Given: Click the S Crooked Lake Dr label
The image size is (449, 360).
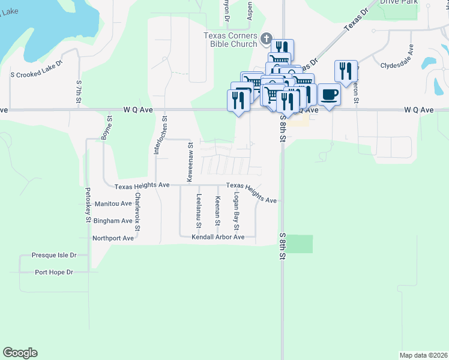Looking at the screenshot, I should tap(37, 69).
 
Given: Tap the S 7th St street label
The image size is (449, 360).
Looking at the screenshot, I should tap(79, 91).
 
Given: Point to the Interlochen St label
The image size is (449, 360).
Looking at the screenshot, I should tap(155, 136).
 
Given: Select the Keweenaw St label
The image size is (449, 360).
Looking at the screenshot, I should tap(190, 162).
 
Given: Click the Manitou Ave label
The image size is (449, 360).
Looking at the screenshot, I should tap(113, 204).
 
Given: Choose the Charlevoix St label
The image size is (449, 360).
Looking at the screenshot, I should tap(137, 211).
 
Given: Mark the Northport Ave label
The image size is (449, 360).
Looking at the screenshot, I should tap(113, 238).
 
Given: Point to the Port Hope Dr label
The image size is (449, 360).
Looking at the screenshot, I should tap(53, 272).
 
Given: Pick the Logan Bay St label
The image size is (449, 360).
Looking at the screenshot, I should tap(237, 212).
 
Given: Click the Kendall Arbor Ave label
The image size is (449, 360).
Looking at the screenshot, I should tap(218, 237).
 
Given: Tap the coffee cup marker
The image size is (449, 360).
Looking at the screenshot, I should tap(329, 95).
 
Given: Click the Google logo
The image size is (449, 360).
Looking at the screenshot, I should tap(20, 353).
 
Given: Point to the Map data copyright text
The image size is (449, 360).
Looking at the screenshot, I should tap(424, 355).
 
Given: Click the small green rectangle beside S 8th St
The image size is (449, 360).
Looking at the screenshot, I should tap(304, 244).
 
